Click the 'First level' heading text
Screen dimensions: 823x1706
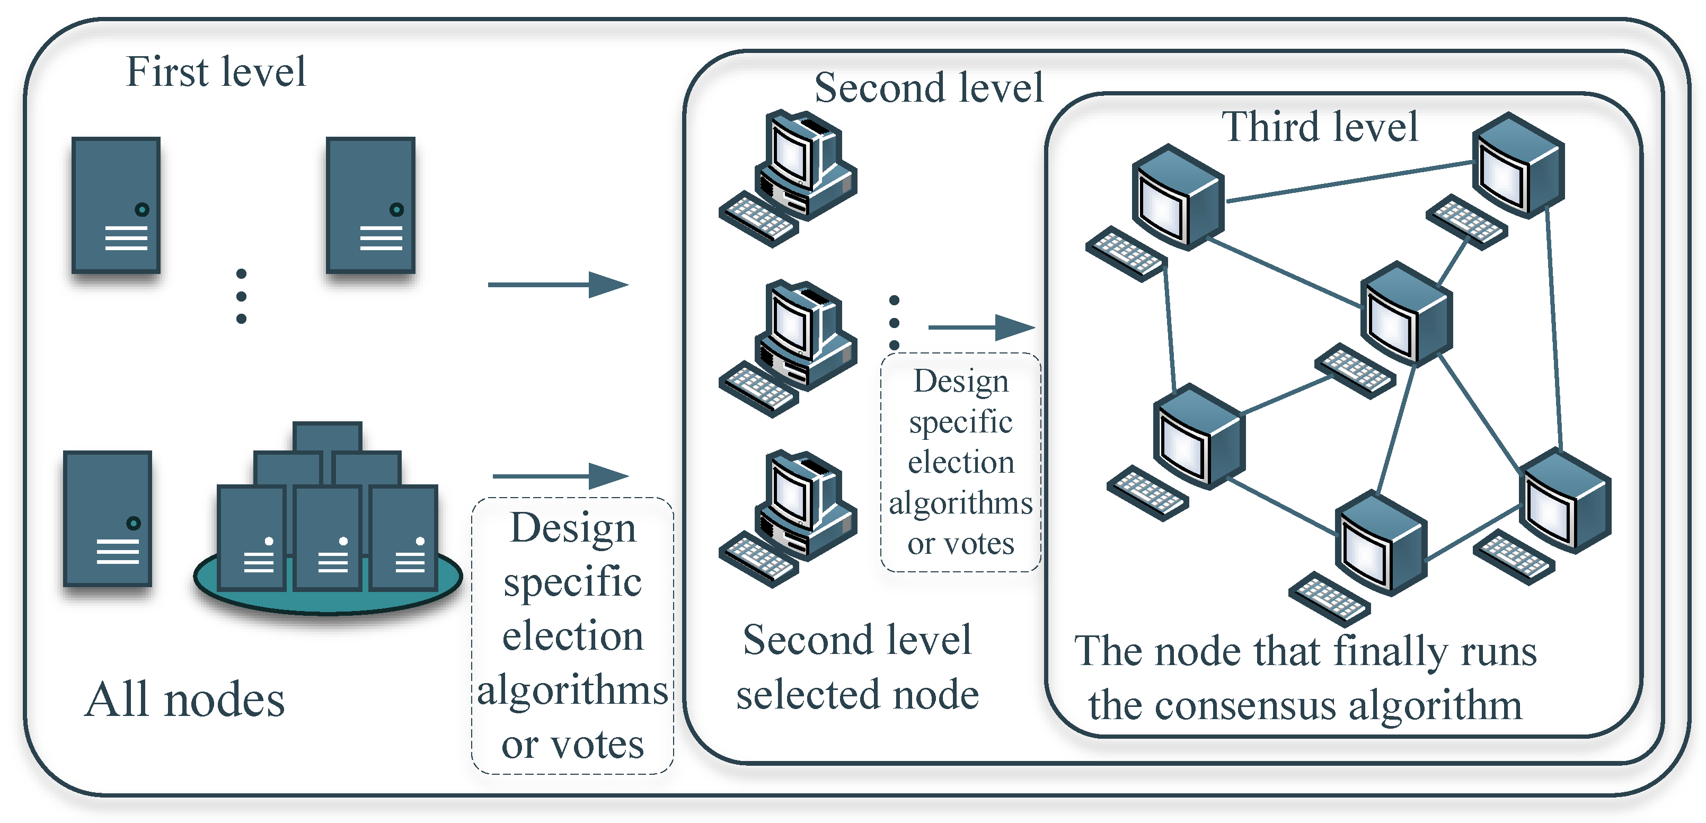[215, 72]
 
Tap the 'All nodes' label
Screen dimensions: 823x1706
[185, 700]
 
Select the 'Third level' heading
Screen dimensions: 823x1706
[1319, 127]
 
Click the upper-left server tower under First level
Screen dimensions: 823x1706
[116, 205]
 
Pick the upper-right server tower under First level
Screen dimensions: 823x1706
[370, 205]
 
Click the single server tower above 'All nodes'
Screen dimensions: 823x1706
[107, 518]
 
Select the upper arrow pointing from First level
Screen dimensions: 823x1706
[558, 285]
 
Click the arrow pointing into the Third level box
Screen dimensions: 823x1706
[981, 327]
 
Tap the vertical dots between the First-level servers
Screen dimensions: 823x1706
[241, 296]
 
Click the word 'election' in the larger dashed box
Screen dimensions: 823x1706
[572, 635]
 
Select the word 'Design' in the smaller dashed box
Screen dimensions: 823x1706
[961, 382]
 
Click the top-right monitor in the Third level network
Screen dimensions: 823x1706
[1518, 165]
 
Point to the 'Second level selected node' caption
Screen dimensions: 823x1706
[857, 667]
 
